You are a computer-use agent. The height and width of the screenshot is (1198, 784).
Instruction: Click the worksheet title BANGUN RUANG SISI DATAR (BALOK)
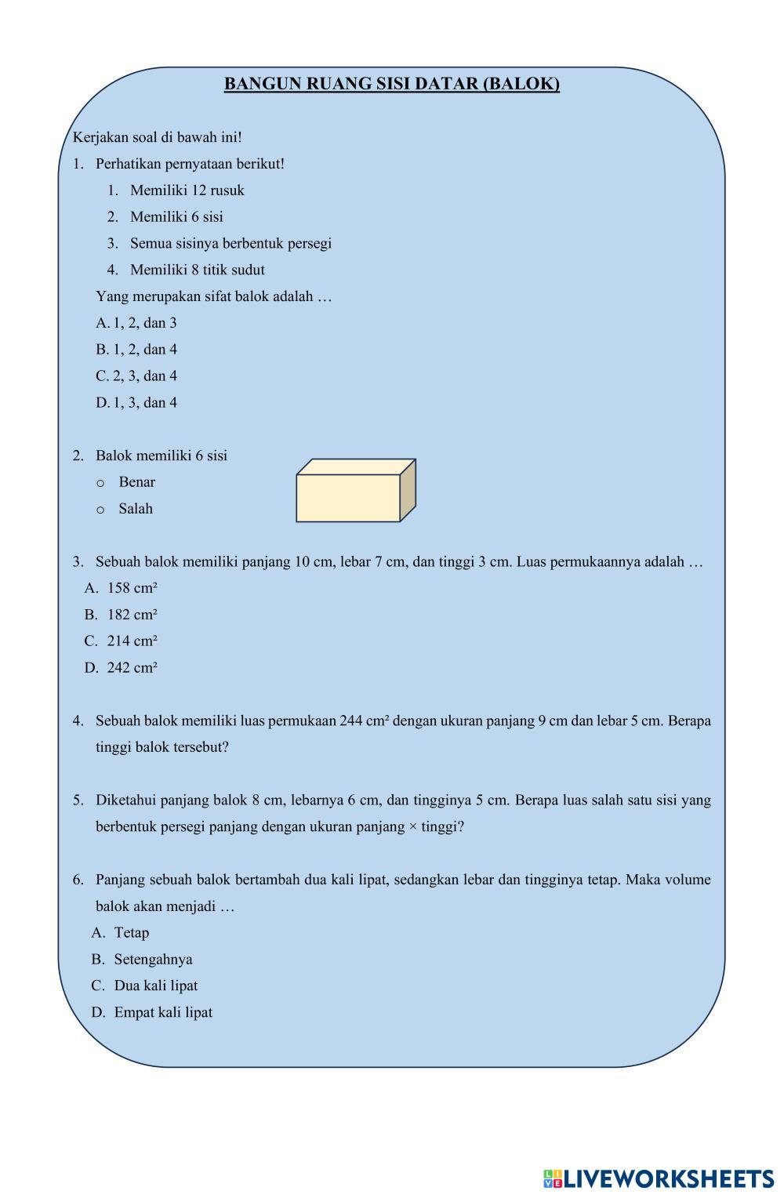(x=391, y=84)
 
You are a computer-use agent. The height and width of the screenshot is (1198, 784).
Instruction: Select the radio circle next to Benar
(x=100, y=483)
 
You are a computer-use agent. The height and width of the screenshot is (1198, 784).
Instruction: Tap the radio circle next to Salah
(x=100, y=510)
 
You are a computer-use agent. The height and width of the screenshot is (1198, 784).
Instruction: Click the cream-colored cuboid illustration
(x=355, y=492)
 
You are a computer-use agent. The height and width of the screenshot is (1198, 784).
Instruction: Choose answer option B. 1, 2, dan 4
(x=137, y=350)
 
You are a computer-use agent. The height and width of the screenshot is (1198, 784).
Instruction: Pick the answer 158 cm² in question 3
(x=132, y=588)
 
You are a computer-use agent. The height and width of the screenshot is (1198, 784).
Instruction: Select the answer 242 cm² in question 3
(x=132, y=668)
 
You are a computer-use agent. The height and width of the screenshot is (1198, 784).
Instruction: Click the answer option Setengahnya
(x=153, y=960)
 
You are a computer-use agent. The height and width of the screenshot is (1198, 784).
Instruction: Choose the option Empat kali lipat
(x=163, y=1013)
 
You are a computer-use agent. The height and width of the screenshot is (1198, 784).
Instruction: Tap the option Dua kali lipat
(x=155, y=986)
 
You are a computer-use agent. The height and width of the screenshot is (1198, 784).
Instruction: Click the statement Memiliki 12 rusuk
(x=187, y=191)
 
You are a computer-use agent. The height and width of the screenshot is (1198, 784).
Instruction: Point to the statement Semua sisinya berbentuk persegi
(x=230, y=244)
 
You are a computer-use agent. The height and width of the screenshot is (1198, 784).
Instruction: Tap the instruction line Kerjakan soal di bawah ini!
(x=158, y=137)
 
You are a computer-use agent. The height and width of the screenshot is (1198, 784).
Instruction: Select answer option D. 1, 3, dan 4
(x=137, y=403)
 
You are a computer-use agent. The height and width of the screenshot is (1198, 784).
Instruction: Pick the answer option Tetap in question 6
(x=131, y=933)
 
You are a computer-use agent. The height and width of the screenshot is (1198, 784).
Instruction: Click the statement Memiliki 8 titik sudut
(x=197, y=270)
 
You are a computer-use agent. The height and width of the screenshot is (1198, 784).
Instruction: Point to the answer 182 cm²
(x=132, y=615)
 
